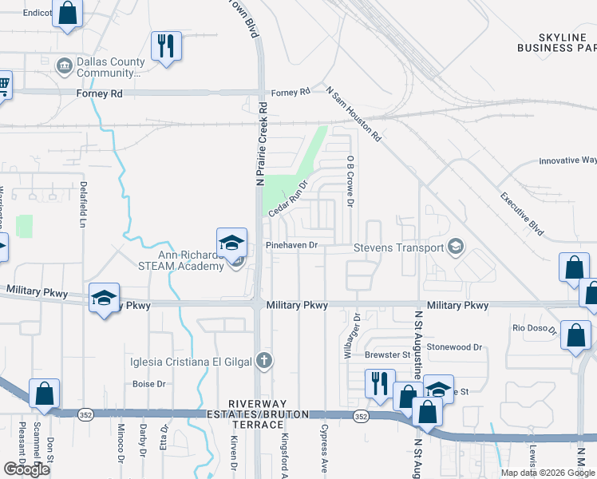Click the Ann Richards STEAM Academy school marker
[x=230, y=243]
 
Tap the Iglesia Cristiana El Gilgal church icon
[x=266, y=362]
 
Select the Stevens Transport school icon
[x=455, y=247]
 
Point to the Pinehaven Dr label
[x=292, y=245]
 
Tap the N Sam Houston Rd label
[x=354, y=115]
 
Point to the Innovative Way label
[x=567, y=160]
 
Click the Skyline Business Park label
[x=556, y=43]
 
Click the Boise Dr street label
[x=149, y=384]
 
